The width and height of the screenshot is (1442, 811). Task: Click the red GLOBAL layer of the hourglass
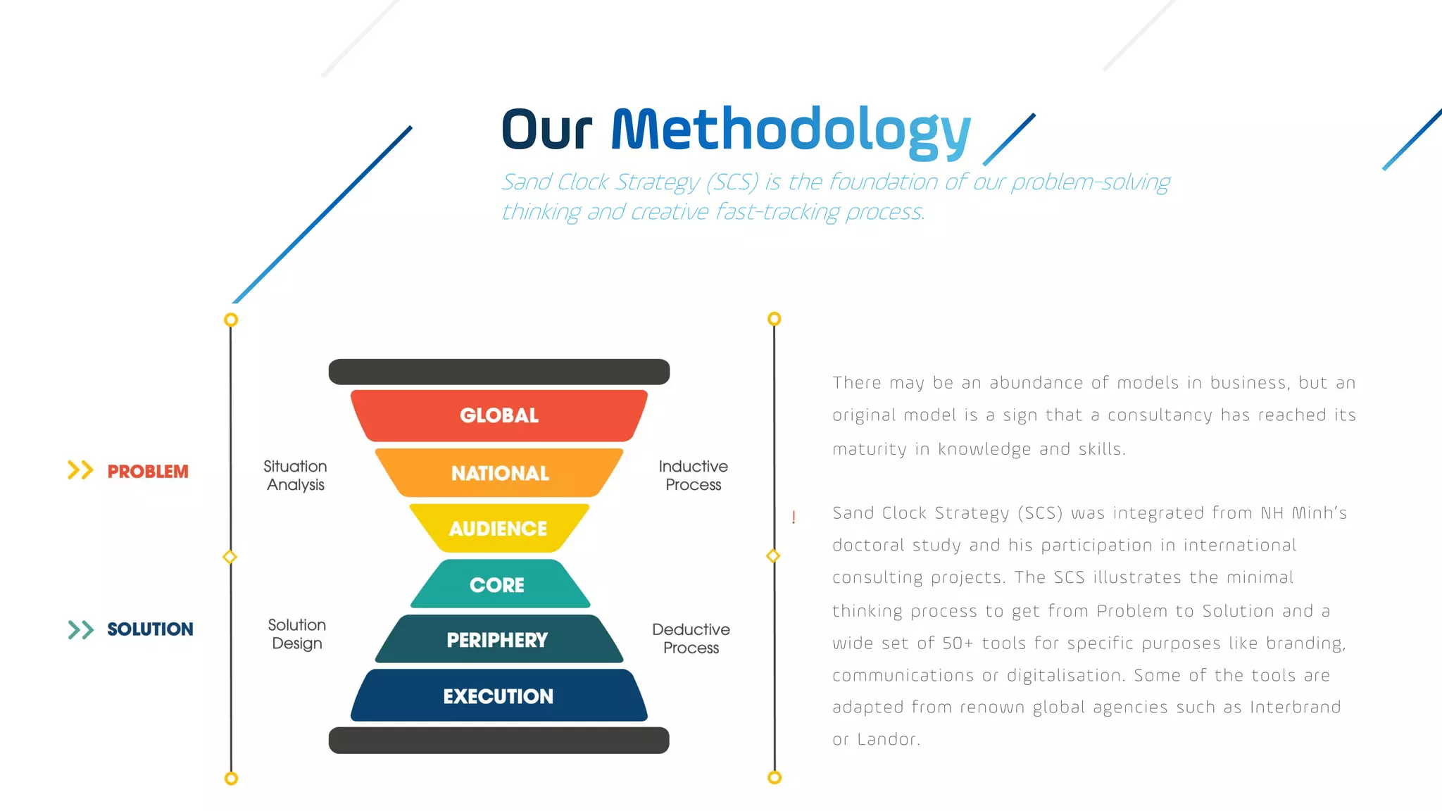499,415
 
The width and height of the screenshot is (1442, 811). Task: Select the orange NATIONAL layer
499,473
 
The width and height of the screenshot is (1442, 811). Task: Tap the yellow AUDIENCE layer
499,528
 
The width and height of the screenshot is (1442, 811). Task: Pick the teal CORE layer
498,584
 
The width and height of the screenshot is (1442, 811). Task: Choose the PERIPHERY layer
498,640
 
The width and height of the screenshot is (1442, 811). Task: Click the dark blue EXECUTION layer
499,696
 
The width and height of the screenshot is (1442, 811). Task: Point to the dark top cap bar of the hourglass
499,372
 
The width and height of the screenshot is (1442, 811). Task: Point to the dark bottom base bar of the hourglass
499,740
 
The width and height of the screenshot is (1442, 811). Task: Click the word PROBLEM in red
148,472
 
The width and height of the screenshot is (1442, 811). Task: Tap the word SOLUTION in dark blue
150,629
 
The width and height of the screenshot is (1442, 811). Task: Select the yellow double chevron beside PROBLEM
80,470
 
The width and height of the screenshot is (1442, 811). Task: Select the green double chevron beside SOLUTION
81,629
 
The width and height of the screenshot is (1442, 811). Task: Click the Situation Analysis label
296,476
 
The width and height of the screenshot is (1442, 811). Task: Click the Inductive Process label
693,476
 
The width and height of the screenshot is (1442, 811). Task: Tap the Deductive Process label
691,639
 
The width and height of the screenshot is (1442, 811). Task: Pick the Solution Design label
297,634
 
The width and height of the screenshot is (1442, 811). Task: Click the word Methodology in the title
791,131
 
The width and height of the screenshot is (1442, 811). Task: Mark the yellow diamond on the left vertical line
230,557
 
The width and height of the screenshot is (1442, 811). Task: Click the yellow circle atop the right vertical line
774,319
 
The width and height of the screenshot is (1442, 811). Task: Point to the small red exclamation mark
794,517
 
